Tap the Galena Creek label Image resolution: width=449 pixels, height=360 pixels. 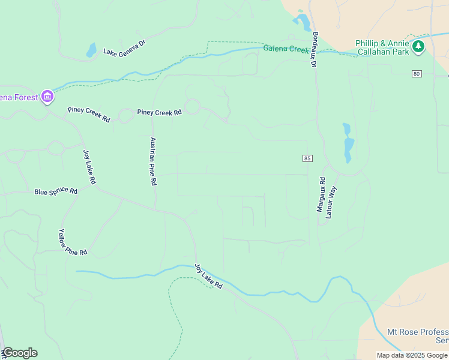pyautogui.click(x=285, y=49)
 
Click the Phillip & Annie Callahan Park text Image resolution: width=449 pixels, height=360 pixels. pyautogui.click(x=382, y=47)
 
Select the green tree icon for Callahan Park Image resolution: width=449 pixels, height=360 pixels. pyautogui.click(x=418, y=46)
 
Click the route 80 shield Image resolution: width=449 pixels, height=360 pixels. pyautogui.click(x=417, y=74)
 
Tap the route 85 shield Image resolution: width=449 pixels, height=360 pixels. pyautogui.click(x=307, y=158)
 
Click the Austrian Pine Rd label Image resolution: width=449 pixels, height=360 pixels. pyautogui.click(x=153, y=161)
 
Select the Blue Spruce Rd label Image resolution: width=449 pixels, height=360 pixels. pyautogui.click(x=56, y=191)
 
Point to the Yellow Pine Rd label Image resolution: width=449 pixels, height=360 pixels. pyautogui.click(x=73, y=242)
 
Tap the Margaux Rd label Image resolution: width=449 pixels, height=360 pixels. pyautogui.click(x=321, y=195)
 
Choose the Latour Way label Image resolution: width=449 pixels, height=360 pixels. pyautogui.click(x=331, y=202)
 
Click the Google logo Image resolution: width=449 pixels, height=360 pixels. pyautogui.click(x=19, y=353)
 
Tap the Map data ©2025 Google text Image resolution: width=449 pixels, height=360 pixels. pyautogui.click(x=411, y=355)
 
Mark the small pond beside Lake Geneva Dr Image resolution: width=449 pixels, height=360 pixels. pyautogui.click(x=91, y=50)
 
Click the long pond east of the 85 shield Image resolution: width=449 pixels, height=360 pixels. pyautogui.click(x=348, y=144)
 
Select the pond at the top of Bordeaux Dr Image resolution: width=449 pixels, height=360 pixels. pyautogui.click(x=303, y=22)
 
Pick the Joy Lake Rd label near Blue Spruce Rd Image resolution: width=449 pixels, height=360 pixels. pyautogui.click(x=89, y=167)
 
